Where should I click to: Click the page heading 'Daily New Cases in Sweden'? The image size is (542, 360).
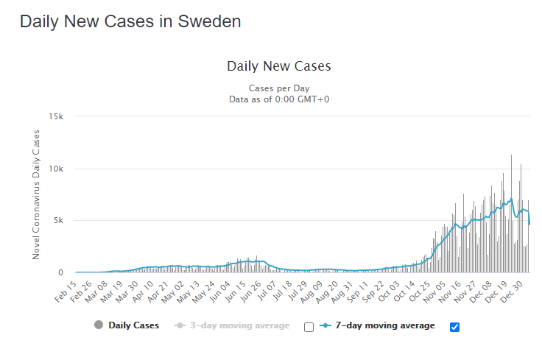point(130,22)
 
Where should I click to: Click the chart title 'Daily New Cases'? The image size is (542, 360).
point(279,66)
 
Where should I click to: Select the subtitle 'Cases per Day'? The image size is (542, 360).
point(279,88)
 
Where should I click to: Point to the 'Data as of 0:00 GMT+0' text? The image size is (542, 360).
point(279,99)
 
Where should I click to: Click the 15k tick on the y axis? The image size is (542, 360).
point(57,116)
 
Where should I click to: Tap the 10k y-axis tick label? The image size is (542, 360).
point(57,169)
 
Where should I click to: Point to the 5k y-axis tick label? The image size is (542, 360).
point(60,221)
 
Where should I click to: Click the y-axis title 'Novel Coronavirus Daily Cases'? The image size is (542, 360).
point(36,194)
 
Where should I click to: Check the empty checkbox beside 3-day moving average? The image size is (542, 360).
point(309,327)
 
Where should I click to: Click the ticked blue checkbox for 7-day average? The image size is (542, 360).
point(454,327)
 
